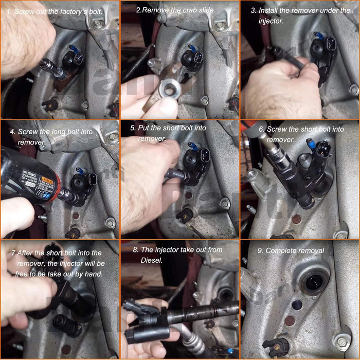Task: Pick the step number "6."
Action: click(262, 129)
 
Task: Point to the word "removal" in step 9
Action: click(312, 250)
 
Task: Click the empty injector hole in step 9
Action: click(312, 282)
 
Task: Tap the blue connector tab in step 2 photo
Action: click(192, 47)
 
